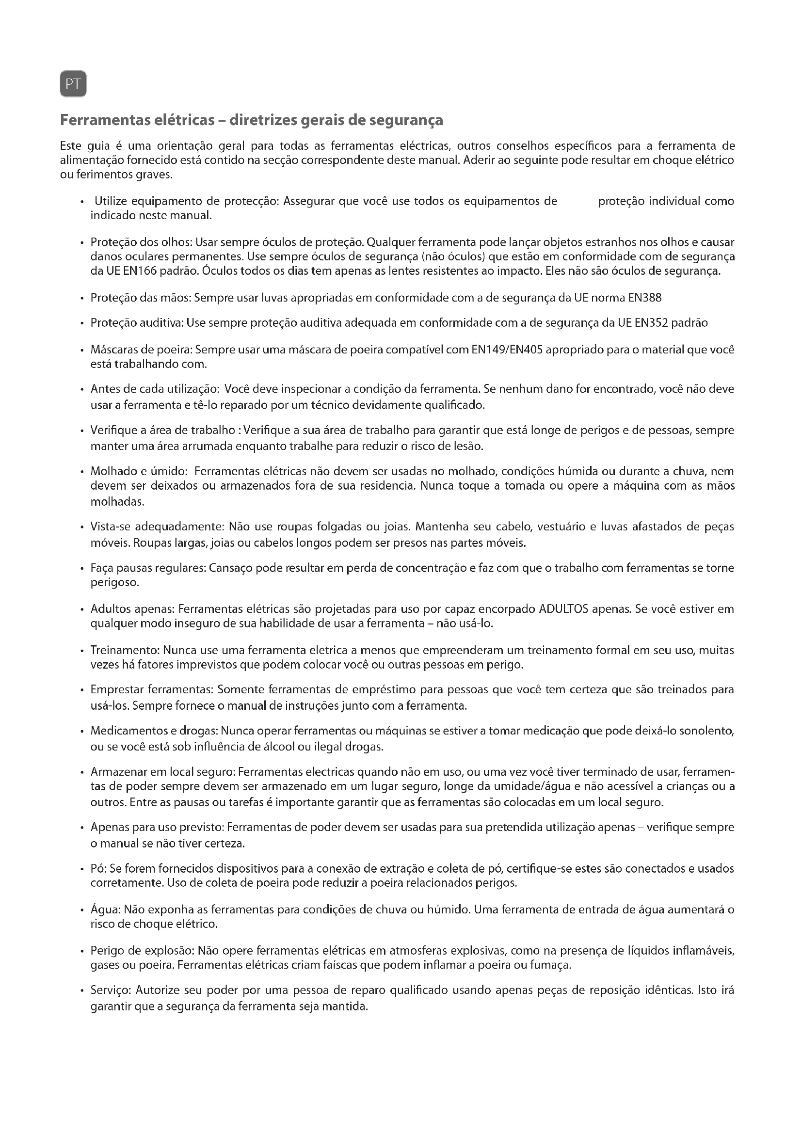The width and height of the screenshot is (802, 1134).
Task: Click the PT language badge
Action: pyautogui.click(x=73, y=84)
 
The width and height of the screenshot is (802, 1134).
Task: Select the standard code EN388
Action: pyautogui.click(x=645, y=298)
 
